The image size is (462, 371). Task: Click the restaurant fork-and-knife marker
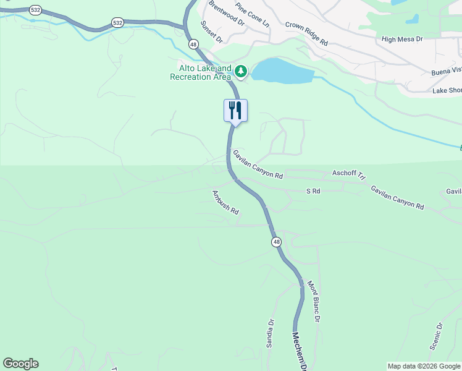(x=235, y=111)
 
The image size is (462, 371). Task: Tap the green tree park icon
(x=240, y=72)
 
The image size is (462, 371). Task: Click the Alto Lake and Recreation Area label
(x=196, y=72)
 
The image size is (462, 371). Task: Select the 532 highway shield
(x=117, y=23)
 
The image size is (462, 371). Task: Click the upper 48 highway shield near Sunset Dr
(x=193, y=45)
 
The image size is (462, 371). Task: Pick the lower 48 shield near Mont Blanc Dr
(x=275, y=242)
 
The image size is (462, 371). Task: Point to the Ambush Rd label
(x=225, y=202)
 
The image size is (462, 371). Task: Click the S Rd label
(x=313, y=192)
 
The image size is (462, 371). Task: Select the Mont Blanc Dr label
(x=313, y=302)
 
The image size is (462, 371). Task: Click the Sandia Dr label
(x=270, y=334)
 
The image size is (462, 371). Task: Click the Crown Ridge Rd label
(x=306, y=34)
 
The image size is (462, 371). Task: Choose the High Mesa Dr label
(x=401, y=39)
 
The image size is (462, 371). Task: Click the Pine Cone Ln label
(x=253, y=14)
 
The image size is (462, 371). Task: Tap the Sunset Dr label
(x=211, y=32)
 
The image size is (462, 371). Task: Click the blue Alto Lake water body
(x=282, y=71)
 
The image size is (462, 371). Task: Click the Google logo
(x=20, y=364)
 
